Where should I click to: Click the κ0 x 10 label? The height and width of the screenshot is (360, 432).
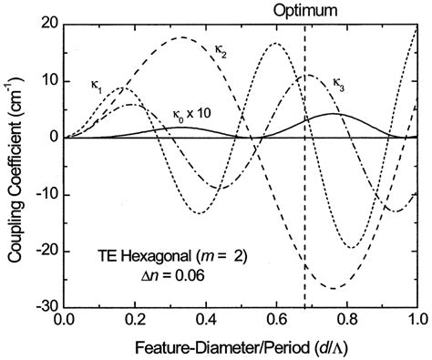[192, 114]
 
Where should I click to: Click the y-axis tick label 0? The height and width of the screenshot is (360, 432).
[53, 138]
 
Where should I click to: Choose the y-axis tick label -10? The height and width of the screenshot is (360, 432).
[46, 194]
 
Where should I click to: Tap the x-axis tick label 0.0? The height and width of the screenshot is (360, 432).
[64, 322]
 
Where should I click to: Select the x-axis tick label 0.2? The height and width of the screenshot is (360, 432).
[135, 322]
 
